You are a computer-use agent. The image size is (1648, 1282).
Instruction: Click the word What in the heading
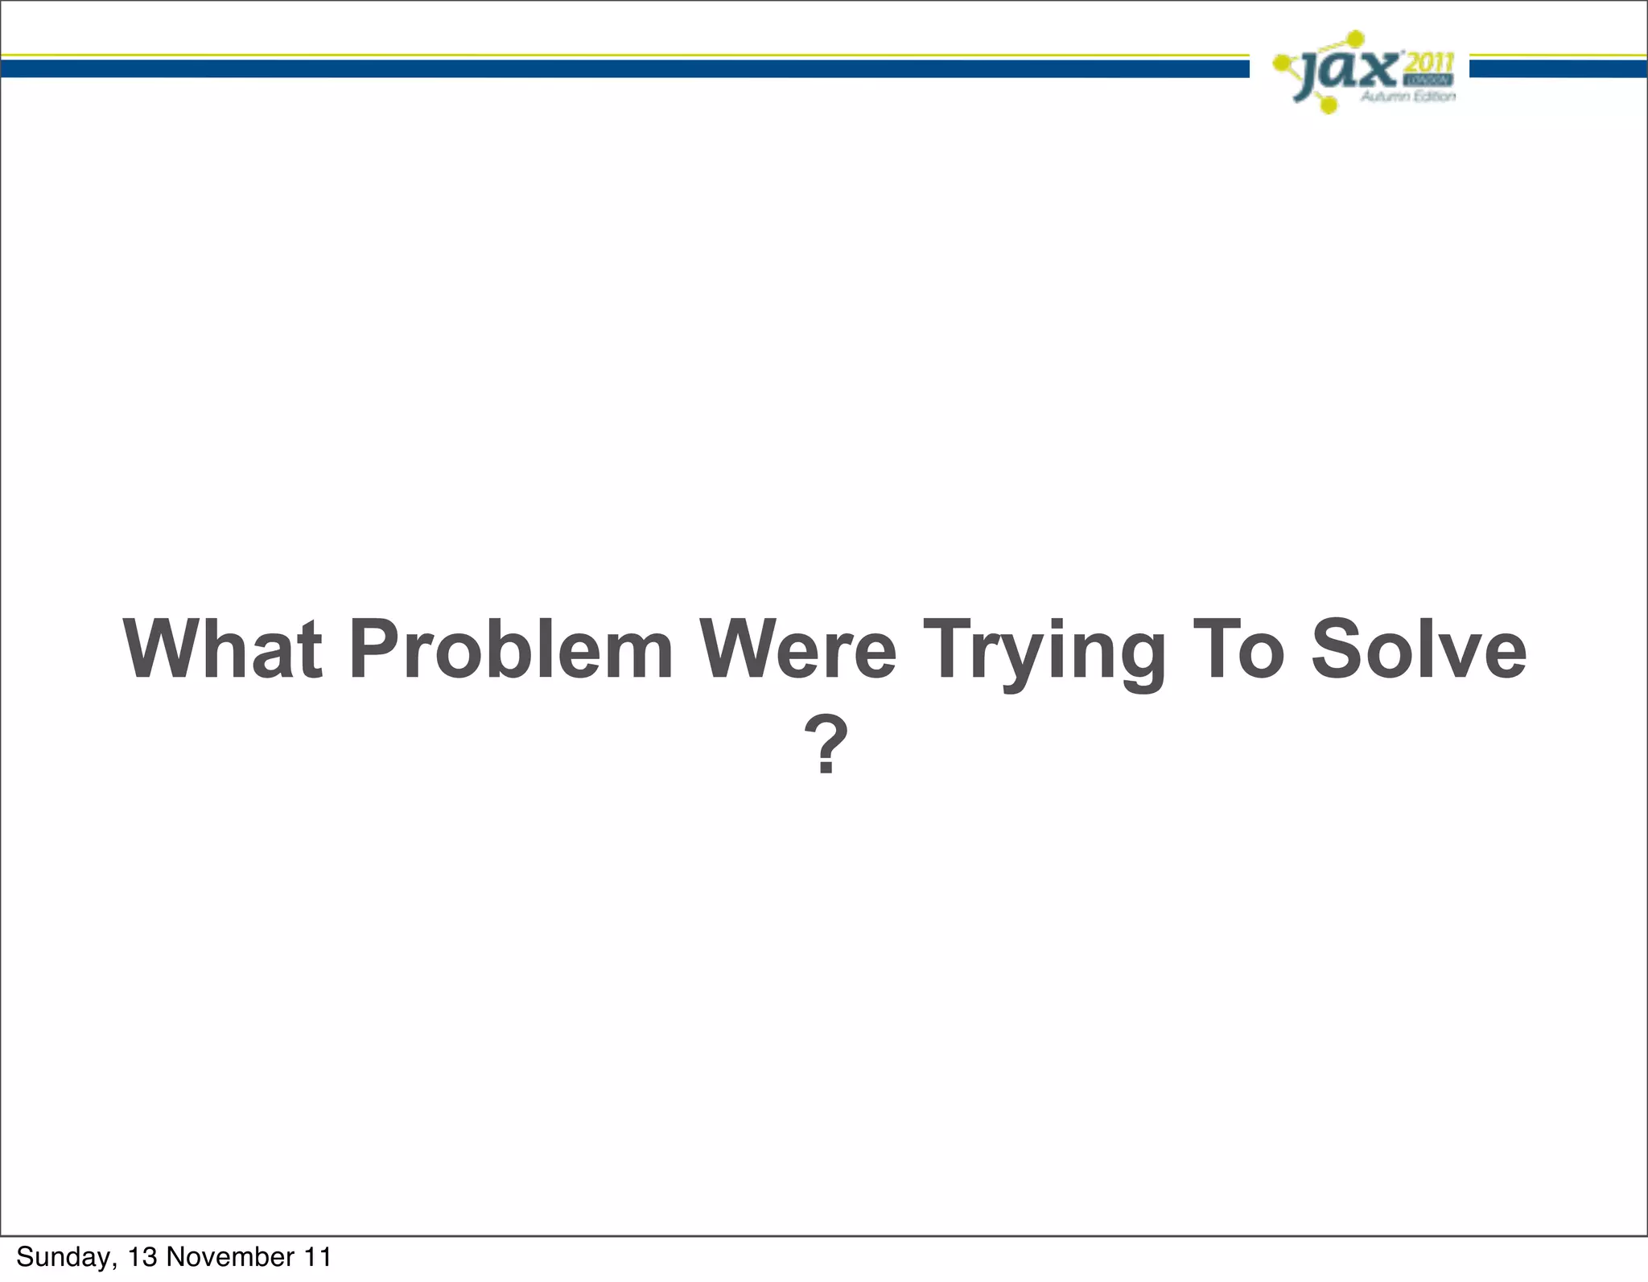click(x=222, y=649)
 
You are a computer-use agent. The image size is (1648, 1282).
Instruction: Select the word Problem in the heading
click(x=510, y=649)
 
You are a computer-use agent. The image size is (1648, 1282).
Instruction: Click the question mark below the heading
click(x=826, y=746)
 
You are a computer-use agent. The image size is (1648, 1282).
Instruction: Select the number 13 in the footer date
click(x=143, y=1257)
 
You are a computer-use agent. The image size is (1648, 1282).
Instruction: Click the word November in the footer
click(x=230, y=1257)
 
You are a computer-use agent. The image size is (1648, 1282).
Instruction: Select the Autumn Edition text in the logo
click(x=1408, y=97)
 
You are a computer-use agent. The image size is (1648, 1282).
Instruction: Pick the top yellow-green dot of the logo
click(x=1355, y=38)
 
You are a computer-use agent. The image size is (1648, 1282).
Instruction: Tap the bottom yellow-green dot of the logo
click(x=1329, y=105)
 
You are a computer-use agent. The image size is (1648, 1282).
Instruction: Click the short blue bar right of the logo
click(x=1558, y=69)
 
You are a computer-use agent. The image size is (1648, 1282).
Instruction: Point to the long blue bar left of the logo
click(x=624, y=69)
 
